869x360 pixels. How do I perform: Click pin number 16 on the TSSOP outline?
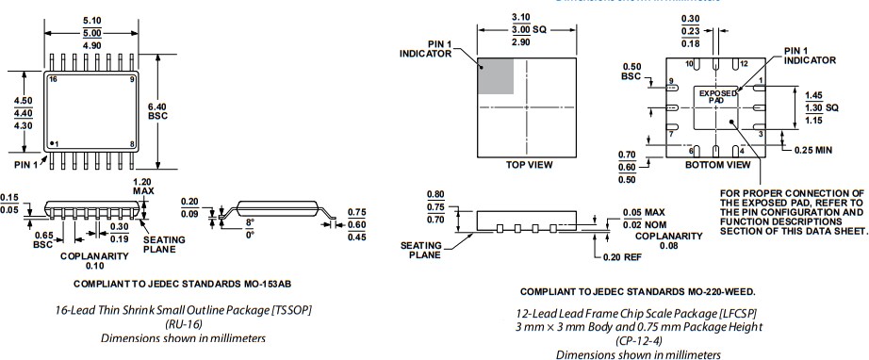click(x=53, y=80)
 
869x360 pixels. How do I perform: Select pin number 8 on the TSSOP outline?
click(x=133, y=143)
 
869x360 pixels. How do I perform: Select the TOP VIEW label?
click(x=529, y=164)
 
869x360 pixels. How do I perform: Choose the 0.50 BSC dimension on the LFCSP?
click(x=632, y=71)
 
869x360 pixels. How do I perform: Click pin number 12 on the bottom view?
click(x=744, y=64)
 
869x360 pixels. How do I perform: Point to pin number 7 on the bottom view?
click(x=671, y=135)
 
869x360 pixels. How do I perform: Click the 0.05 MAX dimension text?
click(x=646, y=212)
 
